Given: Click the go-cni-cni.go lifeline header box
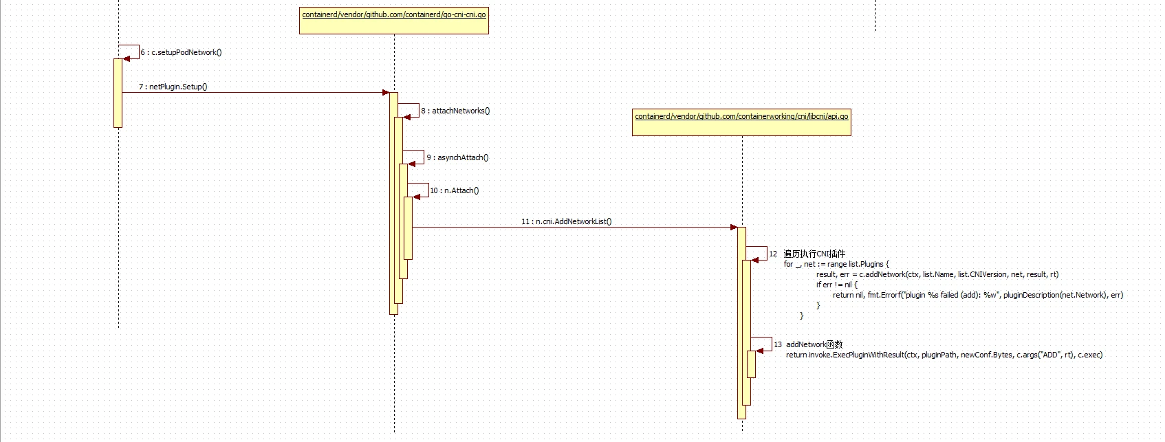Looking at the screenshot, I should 393,21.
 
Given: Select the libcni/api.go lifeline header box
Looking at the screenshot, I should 741,122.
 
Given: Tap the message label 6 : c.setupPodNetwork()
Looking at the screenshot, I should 182,52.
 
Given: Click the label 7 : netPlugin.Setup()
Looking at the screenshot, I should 173,87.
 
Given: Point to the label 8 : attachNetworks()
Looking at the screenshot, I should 455,111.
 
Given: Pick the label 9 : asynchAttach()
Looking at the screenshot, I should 457,157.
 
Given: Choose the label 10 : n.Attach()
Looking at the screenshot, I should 455,190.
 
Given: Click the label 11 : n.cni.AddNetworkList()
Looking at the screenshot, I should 566,221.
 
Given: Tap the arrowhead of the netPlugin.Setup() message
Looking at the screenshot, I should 386,92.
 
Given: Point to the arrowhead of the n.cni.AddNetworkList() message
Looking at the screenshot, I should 734,227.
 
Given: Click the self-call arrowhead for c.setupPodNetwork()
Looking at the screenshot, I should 127,58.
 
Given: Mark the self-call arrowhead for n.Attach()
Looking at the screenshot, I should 417,197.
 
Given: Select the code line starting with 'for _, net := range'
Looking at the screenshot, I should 836,264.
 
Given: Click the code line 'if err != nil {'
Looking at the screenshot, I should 837,285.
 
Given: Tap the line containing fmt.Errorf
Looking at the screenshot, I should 977,295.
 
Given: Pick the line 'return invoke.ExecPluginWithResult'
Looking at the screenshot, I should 944,355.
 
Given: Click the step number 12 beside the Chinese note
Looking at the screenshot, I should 773,254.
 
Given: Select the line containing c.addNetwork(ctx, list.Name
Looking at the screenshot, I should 937,274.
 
